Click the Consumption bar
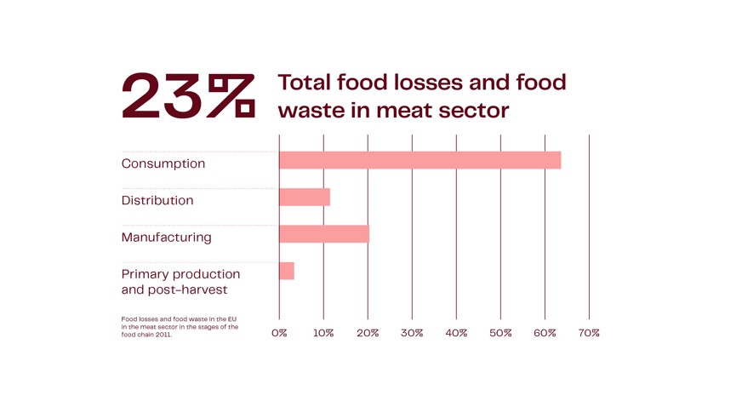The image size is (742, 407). (x=420, y=160)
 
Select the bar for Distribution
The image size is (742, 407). (x=304, y=198)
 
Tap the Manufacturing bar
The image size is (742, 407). (x=323, y=234)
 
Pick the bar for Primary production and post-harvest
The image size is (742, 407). (x=286, y=271)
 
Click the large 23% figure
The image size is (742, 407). (x=188, y=95)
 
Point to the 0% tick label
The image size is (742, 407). (x=279, y=333)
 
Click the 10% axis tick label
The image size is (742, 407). (x=323, y=333)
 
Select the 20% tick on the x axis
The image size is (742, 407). (x=368, y=333)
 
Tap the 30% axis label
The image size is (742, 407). (x=412, y=333)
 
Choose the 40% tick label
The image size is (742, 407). (x=456, y=333)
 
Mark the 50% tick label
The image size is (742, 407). (x=500, y=333)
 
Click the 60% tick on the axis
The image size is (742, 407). (x=545, y=333)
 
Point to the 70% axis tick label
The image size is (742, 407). (x=589, y=333)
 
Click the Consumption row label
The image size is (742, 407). (x=163, y=163)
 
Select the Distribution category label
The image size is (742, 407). (x=157, y=200)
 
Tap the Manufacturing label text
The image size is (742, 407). (x=167, y=237)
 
